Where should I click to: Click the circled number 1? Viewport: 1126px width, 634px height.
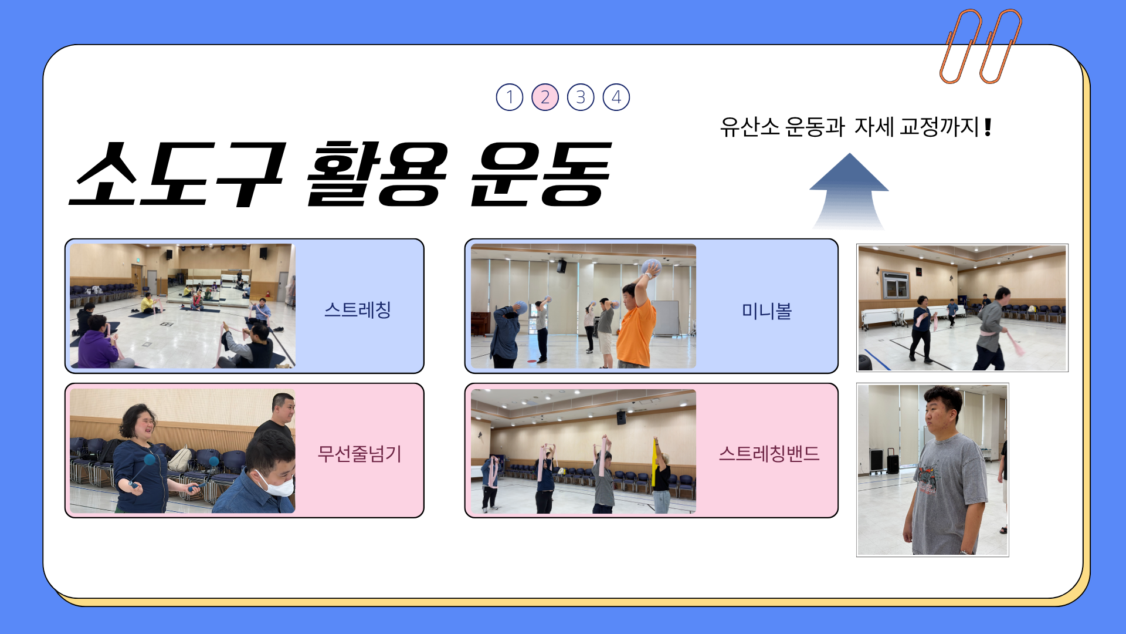click(510, 97)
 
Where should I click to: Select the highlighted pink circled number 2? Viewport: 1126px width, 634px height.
click(545, 97)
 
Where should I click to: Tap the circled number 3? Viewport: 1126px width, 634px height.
click(581, 97)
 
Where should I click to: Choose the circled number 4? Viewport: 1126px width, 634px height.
click(616, 97)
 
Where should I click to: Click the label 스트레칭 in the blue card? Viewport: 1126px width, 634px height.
click(358, 309)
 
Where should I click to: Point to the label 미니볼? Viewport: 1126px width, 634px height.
click(767, 311)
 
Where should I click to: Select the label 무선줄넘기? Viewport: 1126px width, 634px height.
click(359, 453)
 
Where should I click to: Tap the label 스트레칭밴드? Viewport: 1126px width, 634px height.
click(769, 453)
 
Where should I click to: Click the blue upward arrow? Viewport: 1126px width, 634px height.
click(849, 191)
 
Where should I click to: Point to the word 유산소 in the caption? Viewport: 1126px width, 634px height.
click(749, 127)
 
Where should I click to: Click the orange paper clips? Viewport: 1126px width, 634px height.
click(981, 46)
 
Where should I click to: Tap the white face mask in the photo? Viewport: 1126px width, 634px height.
click(276, 483)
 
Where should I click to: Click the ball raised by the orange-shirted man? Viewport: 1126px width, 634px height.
click(651, 267)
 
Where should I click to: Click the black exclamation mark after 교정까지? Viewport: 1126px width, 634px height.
click(988, 127)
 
